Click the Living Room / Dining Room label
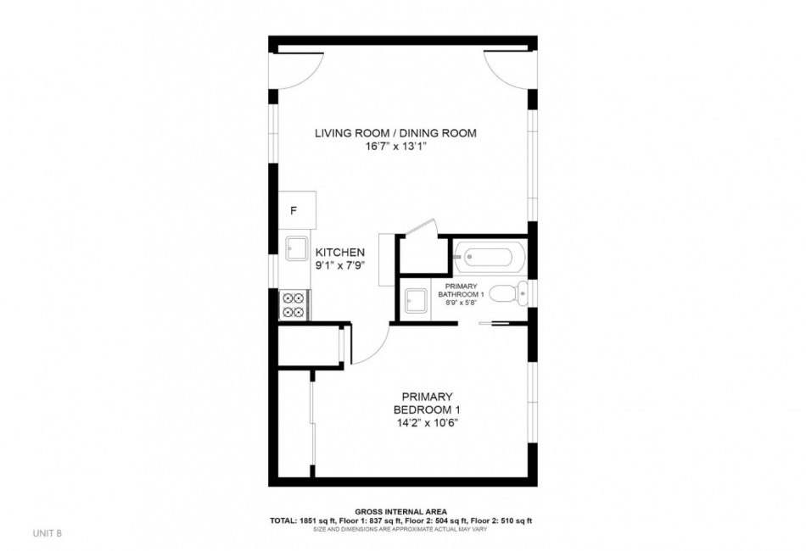(395, 133)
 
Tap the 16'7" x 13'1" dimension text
(395, 147)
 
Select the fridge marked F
(297, 210)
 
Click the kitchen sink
(297, 250)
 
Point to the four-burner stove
(294, 305)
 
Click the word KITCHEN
(339, 253)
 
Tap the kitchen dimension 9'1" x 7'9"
(339, 266)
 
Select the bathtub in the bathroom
(490, 256)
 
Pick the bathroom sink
(416, 300)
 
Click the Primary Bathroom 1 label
(461, 290)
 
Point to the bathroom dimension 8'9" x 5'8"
(461, 303)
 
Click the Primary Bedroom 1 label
(427, 404)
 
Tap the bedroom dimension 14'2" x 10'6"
(427, 423)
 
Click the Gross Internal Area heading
(401, 511)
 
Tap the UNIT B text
(48, 533)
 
